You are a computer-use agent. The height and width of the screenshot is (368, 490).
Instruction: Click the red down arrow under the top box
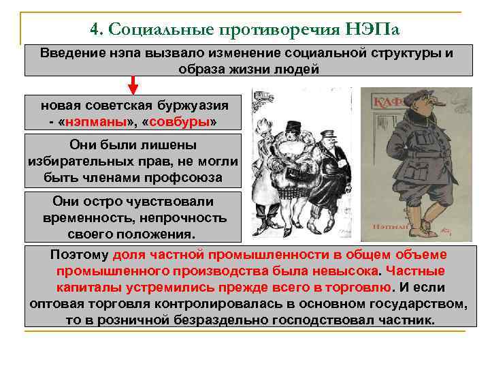point(133,85)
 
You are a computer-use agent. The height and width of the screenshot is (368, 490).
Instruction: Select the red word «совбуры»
point(175,122)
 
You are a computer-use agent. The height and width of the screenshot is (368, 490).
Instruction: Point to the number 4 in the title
point(95,30)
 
